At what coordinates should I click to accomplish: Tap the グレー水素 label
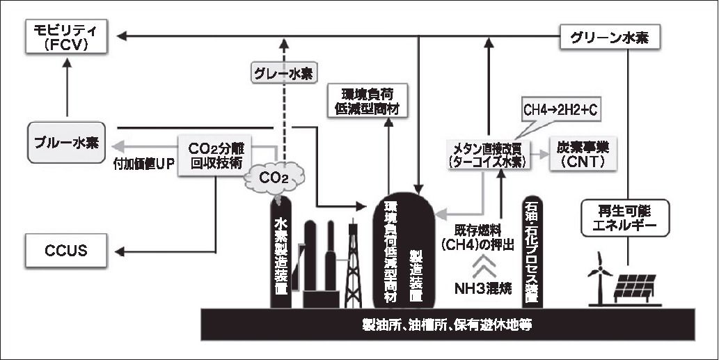click(283, 72)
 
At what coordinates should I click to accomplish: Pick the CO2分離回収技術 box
click(215, 155)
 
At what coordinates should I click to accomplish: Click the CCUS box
click(67, 249)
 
